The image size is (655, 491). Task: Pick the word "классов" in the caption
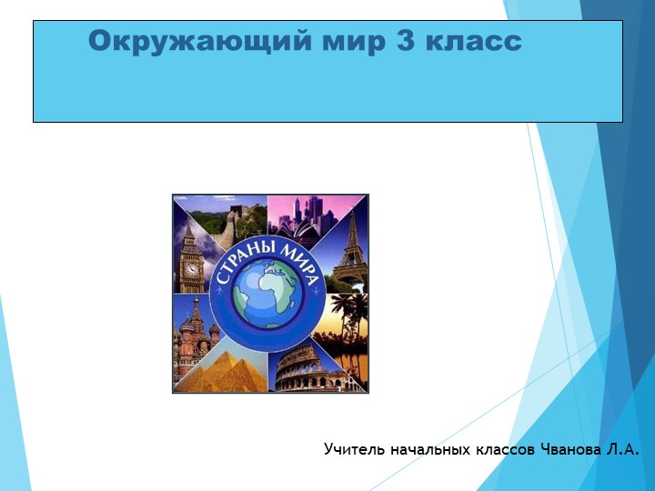(x=505, y=449)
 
